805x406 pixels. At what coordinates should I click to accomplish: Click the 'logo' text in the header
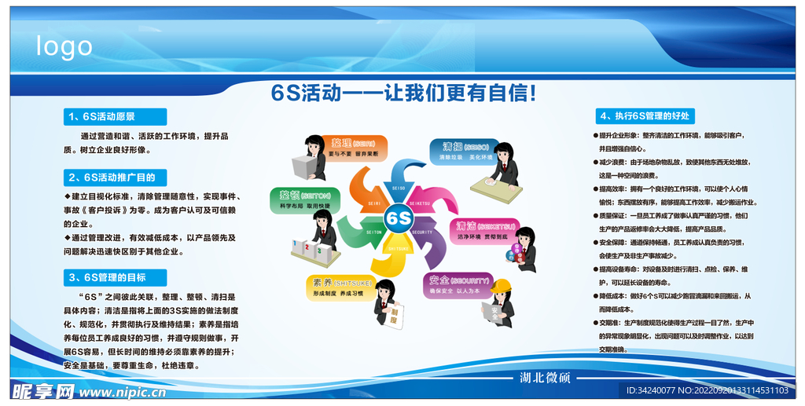(64, 46)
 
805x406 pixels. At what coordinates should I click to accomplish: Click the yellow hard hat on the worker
(502, 284)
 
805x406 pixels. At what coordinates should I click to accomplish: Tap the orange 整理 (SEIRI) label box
(352, 148)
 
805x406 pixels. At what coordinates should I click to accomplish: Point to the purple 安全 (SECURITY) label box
(458, 285)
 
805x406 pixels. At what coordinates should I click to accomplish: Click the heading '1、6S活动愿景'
(115, 117)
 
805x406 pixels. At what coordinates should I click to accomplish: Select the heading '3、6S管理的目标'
(115, 277)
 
